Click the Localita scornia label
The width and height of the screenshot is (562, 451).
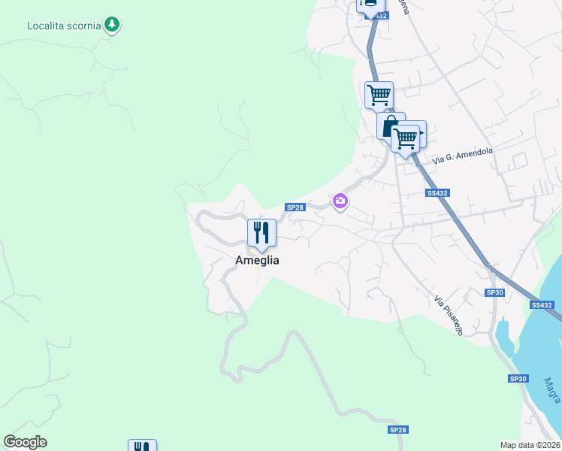(x=64, y=25)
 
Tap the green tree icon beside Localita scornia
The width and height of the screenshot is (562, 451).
(x=112, y=25)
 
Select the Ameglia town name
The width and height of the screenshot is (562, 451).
(x=257, y=260)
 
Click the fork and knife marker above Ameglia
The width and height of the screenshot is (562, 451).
(x=261, y=232)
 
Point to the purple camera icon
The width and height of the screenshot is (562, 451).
(x=340, y=201)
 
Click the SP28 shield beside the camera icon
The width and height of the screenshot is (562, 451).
(x=295, y=207)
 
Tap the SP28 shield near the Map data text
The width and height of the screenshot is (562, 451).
(x=397, y=429)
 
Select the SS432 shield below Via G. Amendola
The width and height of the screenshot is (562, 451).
(x=437, y=193)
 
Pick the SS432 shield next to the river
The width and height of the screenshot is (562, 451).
(x=541, y=304)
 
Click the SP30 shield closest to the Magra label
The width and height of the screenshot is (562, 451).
(x=518, y=379)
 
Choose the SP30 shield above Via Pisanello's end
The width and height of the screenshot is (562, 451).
(x=494, y=292)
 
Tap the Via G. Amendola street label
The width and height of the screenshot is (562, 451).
(x=463, y=156)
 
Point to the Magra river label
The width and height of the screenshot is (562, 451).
(x=551, y=390)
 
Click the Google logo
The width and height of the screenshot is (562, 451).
(x=25, y=442)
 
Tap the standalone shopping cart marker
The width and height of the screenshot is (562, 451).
(x=379, y=95)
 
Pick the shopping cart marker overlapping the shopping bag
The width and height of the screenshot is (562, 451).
(x=406, y=138)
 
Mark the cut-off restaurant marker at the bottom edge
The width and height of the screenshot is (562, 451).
(x=142, y=445)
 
